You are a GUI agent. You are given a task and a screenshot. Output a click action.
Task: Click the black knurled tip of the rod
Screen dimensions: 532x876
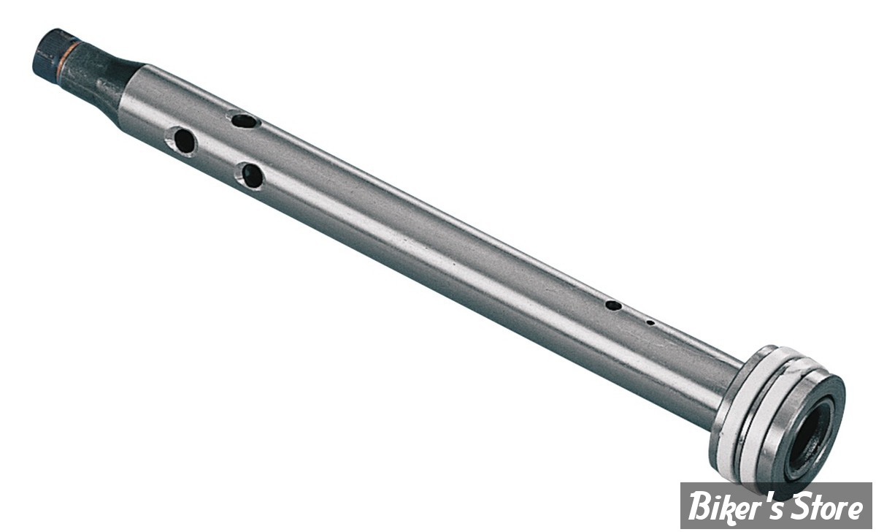[x=47, y=53]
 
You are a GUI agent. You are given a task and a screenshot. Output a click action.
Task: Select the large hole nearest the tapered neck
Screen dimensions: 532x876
[x=183, y=140]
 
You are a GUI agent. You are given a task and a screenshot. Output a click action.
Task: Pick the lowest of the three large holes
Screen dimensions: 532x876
[x=252, y=175]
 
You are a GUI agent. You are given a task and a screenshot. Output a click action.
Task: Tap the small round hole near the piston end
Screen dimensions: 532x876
[x=613, y=305]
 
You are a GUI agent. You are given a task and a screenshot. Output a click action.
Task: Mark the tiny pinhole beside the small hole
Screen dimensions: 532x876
[x=650, y=322]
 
